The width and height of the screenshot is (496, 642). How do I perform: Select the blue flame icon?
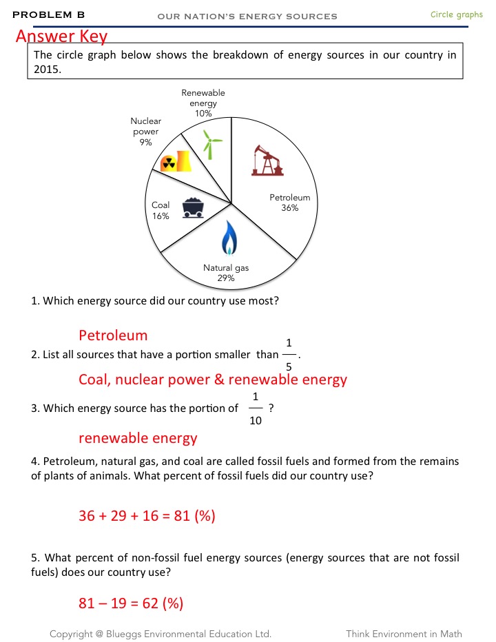pyautogui.click(x=229, y=238)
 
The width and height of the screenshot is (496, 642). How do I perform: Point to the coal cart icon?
pyautogui.click(x=193, y=207)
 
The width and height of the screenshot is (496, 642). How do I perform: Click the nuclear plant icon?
pyautogui.click(x=174, y=161)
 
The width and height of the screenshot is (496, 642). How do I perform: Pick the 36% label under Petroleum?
pyautogui.click(x=289, y=208)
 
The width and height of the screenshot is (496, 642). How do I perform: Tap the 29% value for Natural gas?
pyautogui.click(x=226, y=278)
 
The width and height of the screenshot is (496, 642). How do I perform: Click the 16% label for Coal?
pyautogui.click(x=161, y=216)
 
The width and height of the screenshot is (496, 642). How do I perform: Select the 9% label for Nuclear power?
pyautogui.click(x=145, y=142)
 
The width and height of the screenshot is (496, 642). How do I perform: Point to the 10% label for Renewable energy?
pyautogui.click(x=203, y=113)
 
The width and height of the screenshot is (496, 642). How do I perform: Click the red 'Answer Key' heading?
pyautogui.click(x=61, y=36)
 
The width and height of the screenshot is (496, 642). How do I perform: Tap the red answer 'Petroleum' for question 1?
pyautogui.click(x=113, y=335)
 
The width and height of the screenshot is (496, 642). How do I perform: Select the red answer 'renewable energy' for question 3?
pyautogui.click(x=138, y=438)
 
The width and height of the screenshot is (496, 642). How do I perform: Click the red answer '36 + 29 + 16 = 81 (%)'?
pyautogui.click(x=147, y=515)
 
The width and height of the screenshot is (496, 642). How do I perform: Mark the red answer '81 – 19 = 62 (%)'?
pyautogui.click(x=131, y=604)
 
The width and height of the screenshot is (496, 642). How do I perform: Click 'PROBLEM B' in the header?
pyautogui.click(x=48, y=14)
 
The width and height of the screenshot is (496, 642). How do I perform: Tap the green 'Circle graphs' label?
pyautogui.click(x=456, y=14)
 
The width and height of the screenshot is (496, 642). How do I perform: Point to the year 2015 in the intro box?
pyautogui.click(x=46, y=70)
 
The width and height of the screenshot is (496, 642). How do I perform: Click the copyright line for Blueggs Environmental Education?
pyautogui.click(x=160, y=634)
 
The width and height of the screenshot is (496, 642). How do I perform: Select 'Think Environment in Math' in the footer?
pyautogui.click(x=404, y=634)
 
